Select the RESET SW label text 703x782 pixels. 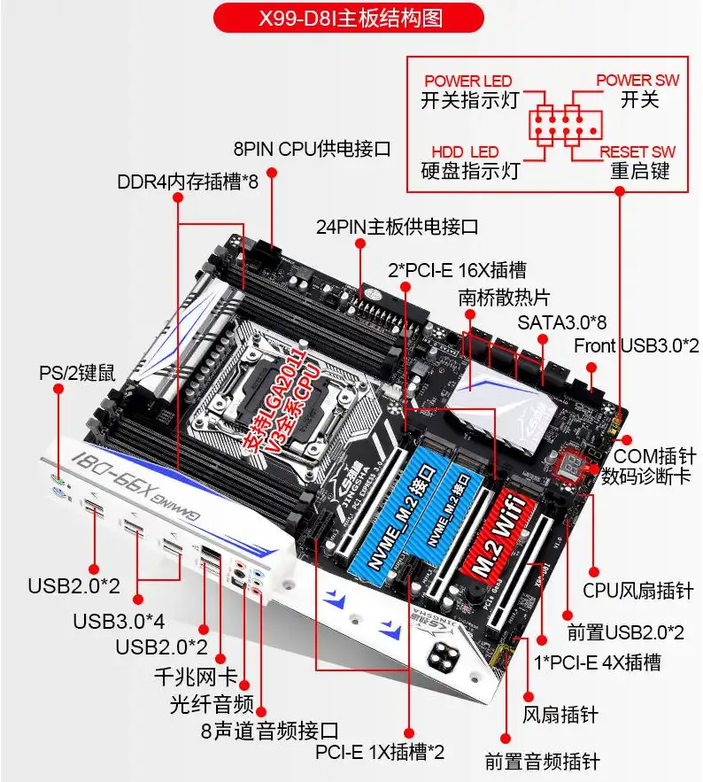click(x=637, y=151)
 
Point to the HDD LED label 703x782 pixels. click(x=465, y=151)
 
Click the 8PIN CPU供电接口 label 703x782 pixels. click(x=312, y=147)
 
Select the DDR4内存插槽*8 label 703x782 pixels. click(x=188, y=182)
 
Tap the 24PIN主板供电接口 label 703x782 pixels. click(x=398, y=226)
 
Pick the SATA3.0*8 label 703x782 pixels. click(x=561, y=321)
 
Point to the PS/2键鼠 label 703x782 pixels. click(x=77, y=372)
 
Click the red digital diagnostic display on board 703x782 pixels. click(x=567, y=463)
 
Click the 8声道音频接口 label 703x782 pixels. click(x=269, y=731)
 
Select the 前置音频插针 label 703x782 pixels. click(x=543, y=761)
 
